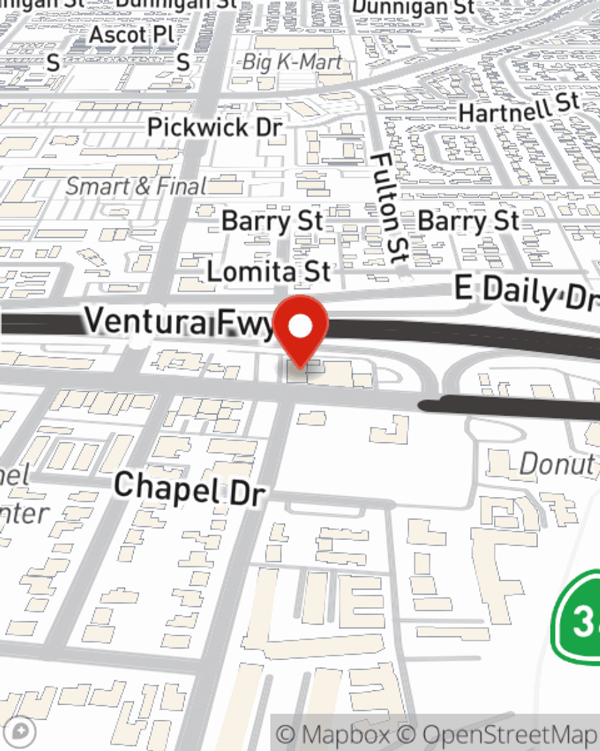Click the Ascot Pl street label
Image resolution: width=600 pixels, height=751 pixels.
(131, 35)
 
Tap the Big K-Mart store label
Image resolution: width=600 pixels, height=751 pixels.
(292, 62)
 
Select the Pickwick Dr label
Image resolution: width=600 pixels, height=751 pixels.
(215, 127)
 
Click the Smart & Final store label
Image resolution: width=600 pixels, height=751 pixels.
(136, 186)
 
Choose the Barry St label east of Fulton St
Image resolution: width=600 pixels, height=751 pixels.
(469, 221)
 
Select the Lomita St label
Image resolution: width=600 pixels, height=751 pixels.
(268, 272)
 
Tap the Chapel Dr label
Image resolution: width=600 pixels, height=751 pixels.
(189, 488)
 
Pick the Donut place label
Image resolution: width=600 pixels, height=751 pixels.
(557, 464)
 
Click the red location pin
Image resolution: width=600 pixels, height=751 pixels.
(301, 330)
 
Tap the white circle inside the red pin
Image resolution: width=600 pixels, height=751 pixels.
(301, 326)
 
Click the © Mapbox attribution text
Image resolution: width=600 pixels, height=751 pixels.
(333, 734)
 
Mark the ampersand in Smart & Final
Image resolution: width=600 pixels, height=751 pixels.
(142, 187)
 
